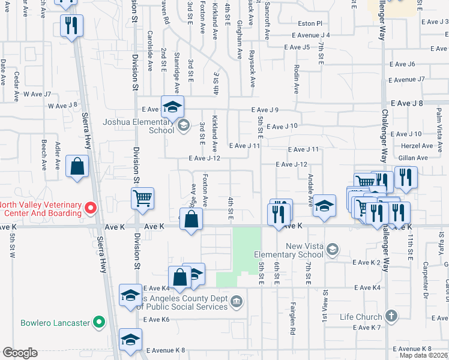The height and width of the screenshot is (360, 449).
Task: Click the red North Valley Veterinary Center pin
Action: pos(91,209)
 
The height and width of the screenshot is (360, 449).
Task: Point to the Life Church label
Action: pos(360,317)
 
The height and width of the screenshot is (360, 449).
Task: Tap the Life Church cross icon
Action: pos(391,316)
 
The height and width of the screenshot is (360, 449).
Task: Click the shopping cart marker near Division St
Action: pos(143,197)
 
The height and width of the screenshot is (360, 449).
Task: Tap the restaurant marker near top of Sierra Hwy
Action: pos(71,25)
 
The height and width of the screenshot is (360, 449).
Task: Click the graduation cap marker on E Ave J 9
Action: pos(172,107)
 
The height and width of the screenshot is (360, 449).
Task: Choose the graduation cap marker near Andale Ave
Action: pos(324,206)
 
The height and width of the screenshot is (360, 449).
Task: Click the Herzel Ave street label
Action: pos(418,146)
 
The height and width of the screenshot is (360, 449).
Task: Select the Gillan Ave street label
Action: pos(414,158)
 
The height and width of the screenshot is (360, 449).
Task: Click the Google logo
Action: pos(20,353)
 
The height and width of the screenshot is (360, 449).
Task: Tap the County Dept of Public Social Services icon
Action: pos(237,301)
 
